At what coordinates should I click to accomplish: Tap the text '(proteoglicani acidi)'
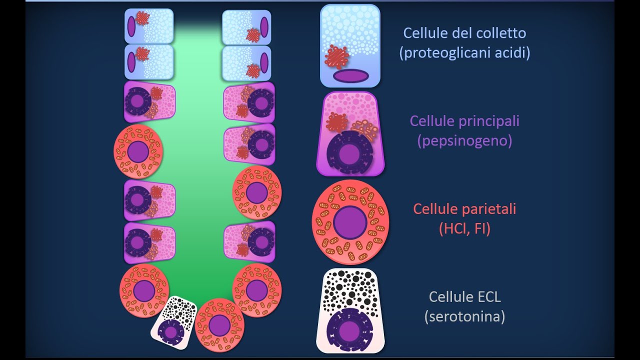coord(464,53)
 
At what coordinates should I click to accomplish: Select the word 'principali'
coord(490,121)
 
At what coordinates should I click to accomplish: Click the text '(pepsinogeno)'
coord(464,141)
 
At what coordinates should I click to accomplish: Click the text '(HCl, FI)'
coord(464,228)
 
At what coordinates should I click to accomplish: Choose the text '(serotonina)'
coord(464,316)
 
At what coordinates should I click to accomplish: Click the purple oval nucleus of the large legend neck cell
coord(350,75)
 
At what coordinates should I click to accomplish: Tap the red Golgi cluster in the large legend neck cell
coord(336,56)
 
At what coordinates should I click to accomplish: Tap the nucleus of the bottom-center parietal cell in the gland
coord(219,325)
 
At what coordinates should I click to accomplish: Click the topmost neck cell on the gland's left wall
coord(148,26)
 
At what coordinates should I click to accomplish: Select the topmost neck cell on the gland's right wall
coord(246,27)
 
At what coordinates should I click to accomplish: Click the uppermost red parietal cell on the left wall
coord(138,151)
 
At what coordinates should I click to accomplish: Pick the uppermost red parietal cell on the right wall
coord(257,193)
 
